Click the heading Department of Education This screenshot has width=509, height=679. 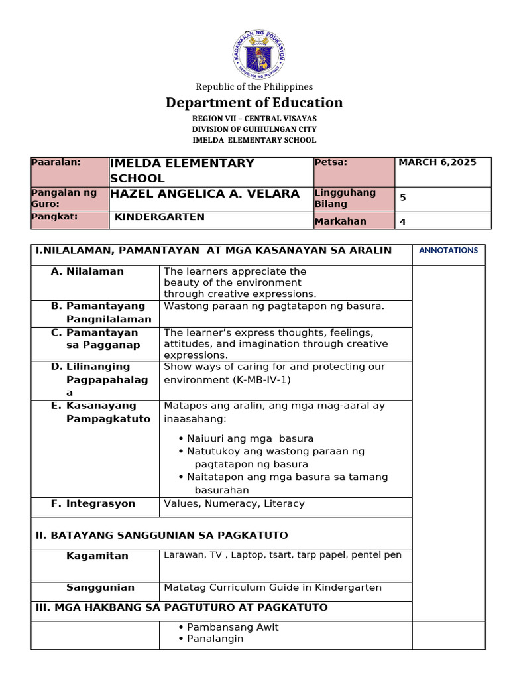[x=254, y=103]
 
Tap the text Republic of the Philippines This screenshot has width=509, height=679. [x=254, y=87]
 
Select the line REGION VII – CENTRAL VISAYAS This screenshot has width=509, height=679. [x=254, y=118]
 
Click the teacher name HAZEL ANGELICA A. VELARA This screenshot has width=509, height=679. [x=209, y=193]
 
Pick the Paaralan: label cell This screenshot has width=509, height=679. [x=56, y=162]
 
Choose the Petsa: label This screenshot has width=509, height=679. [x=331, y=162]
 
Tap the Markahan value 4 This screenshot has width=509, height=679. [x=403, y=223]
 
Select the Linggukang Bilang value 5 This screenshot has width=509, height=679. [x=403, y=198]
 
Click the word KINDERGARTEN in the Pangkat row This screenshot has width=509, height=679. [x=160, y=217]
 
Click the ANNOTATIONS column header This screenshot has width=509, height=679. [x=448, y=251]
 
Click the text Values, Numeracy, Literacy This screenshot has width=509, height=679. [x=234, y=503]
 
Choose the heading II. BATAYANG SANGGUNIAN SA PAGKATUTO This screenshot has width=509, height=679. [x=162, y=535]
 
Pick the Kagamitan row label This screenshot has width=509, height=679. [x=97, y=556]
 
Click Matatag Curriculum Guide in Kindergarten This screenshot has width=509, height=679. [x=272, y=587]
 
